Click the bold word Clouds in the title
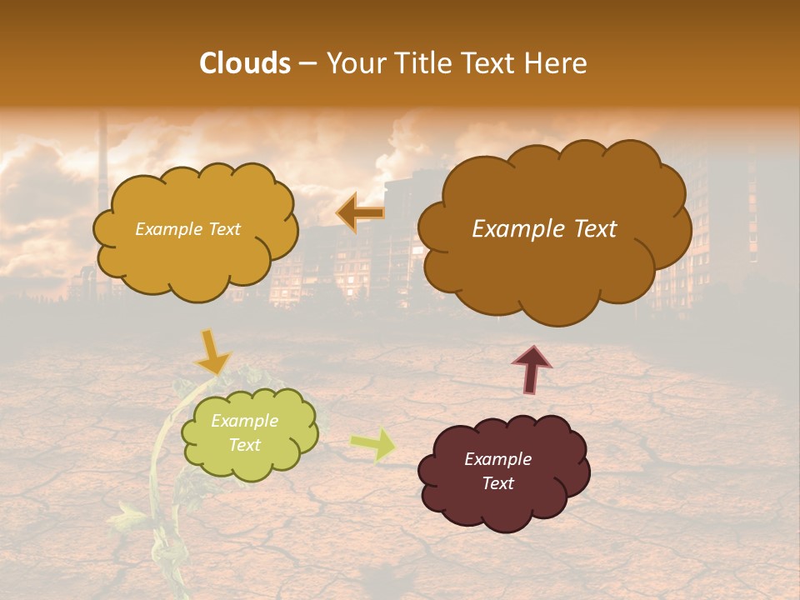click(244, 63)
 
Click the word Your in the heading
click(357, 63)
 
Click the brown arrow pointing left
click(361, 213)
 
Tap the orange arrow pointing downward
click(212, 352)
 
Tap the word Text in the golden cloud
click(222, 229)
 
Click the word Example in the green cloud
click(244, 421)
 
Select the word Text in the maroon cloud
click(497, 483)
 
